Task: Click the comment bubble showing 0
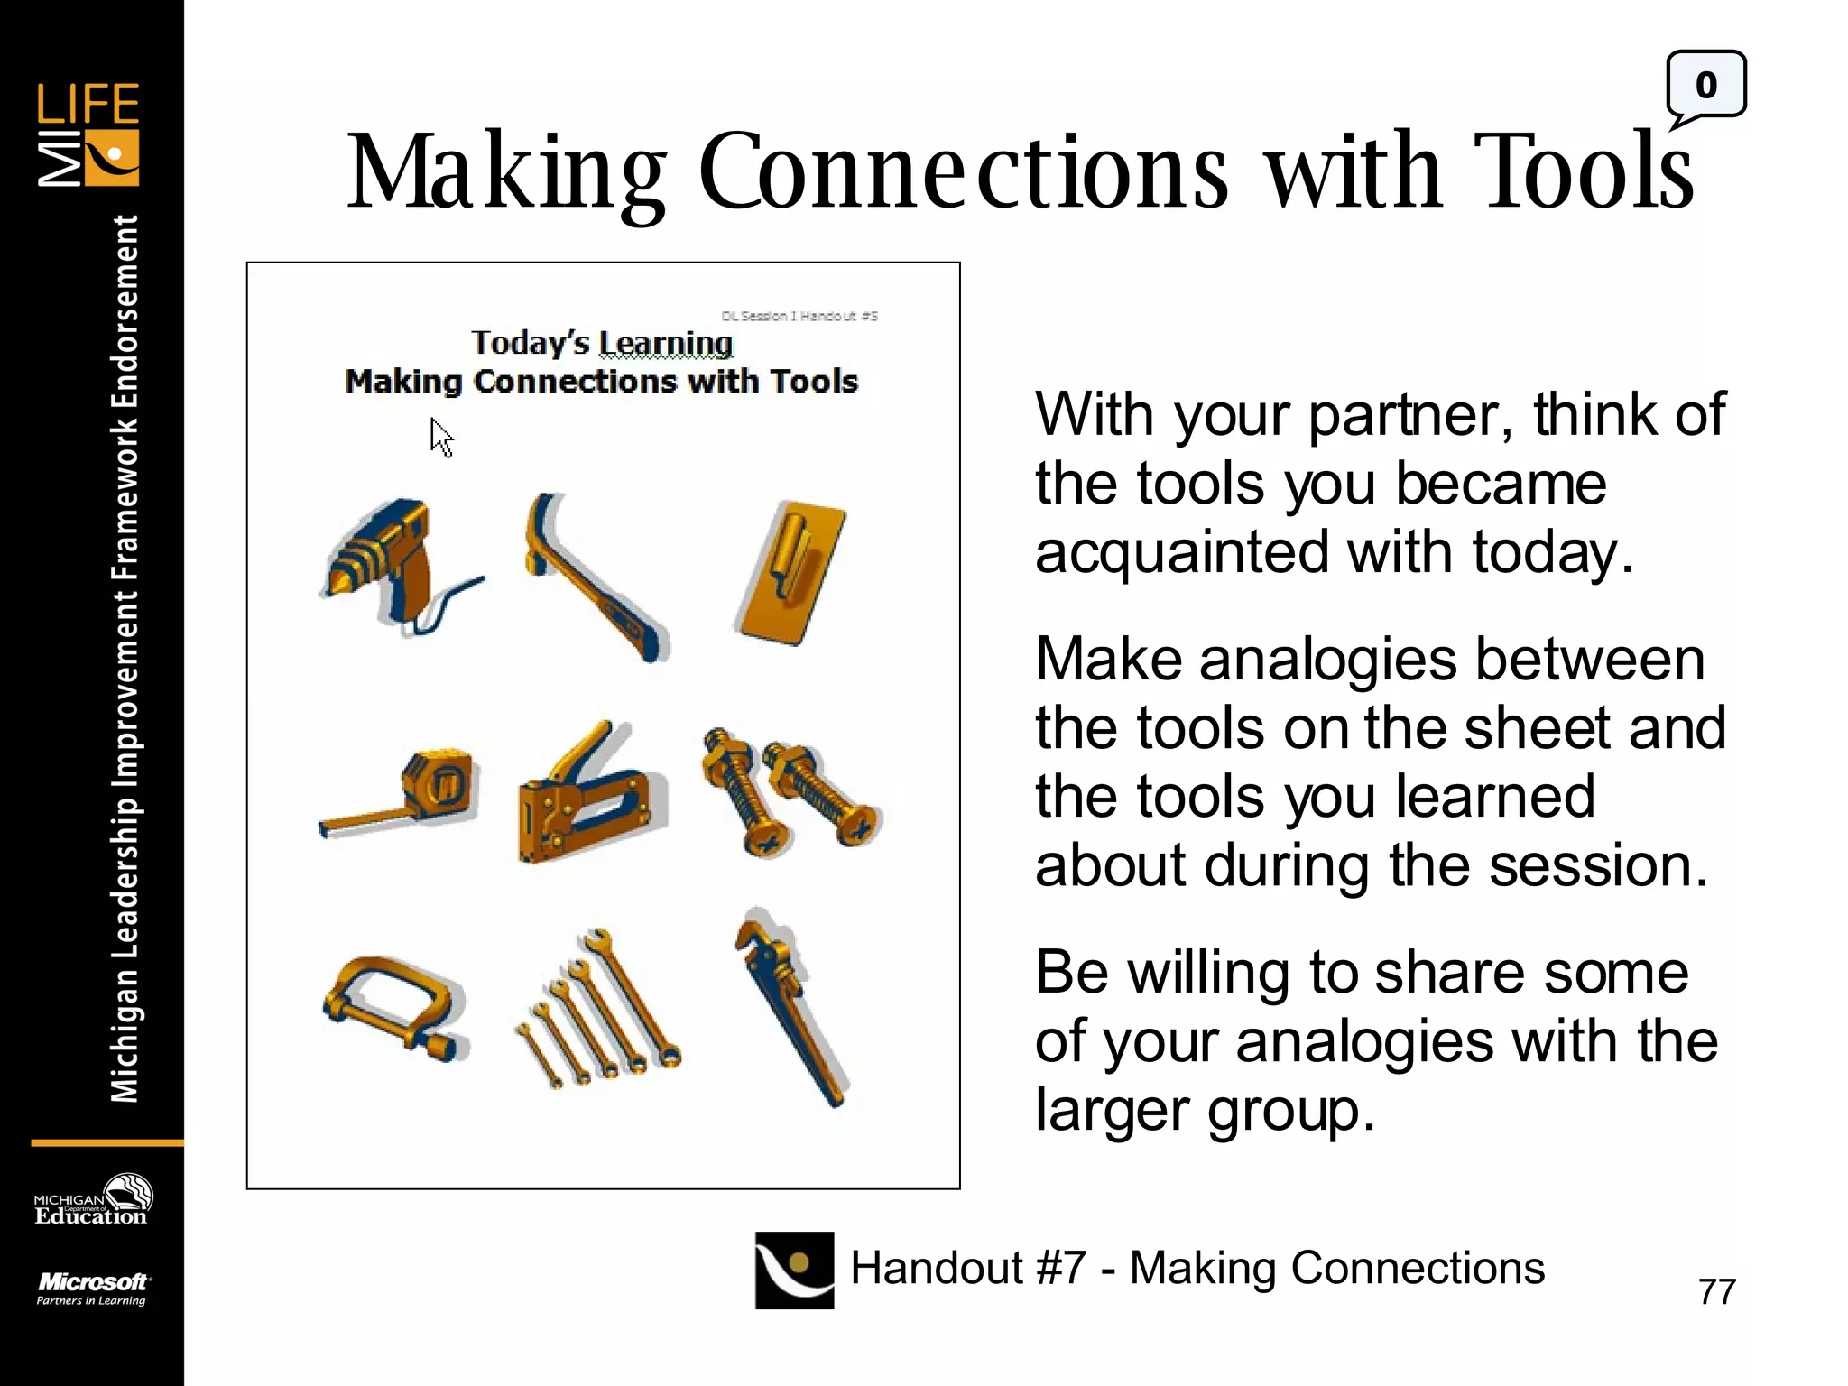pos(1705,87)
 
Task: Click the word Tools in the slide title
pos(1585,171)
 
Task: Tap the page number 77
pos(1716,1291)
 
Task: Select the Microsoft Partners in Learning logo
pos(92,1288)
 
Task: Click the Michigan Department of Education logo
pos(92,1201)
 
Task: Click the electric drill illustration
pos(393,564)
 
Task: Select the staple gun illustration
pos(587,794)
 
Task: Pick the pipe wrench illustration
pos(790,1006)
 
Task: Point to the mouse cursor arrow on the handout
pos(441,439)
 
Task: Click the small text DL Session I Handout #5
pos(799,316)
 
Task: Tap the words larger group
pos(1205,1111)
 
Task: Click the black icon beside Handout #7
pos(794,1270)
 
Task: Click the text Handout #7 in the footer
pos(967,1268)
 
